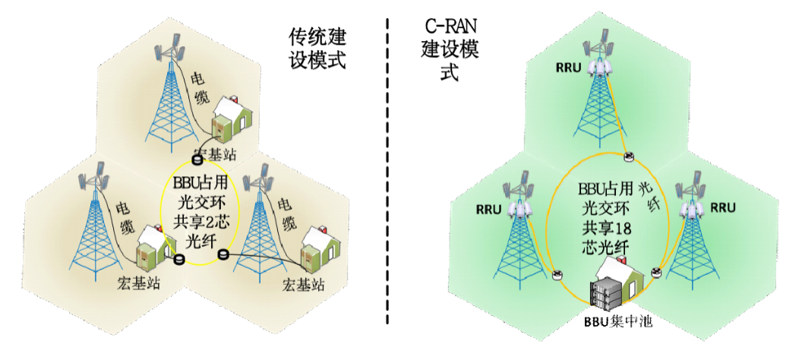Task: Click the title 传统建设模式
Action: (x=317, y=48)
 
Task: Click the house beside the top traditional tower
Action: (x=229, y=120)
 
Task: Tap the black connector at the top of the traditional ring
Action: (x=197, y=159)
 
